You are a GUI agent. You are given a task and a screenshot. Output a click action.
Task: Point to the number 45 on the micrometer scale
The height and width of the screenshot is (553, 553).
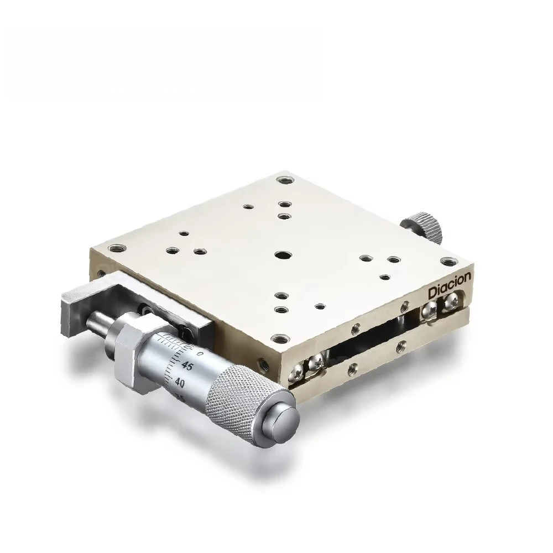[x=186, y=367]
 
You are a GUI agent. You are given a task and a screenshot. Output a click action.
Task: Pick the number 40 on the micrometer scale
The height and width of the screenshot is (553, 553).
[x=180, y=382]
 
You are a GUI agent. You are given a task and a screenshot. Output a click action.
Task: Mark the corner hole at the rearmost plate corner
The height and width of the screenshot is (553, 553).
[x=285, y=180]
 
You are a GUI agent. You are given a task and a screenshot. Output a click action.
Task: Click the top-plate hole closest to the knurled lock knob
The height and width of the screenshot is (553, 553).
[x=393, y=259]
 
